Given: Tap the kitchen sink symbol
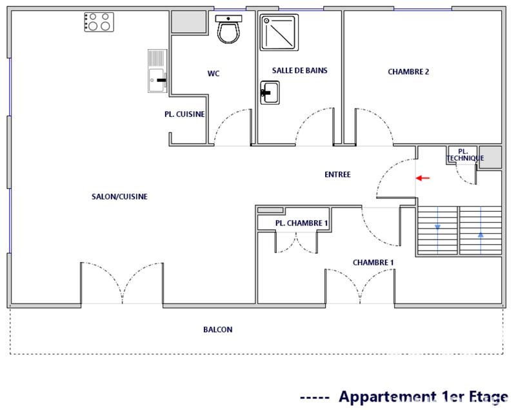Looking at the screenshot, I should tap(157, 71).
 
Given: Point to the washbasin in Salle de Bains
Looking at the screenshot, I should tap(269, 92).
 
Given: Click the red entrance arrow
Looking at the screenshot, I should tap(422, 178).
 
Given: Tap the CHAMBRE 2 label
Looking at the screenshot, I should tap(408, 72).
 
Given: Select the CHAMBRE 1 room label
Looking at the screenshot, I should tap(373, 262).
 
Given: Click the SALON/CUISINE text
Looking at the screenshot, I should tap(119, 197).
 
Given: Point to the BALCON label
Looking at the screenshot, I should tap(217, 329).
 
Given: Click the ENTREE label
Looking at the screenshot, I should tap(337, 174).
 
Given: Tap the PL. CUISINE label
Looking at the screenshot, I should tap(184, 114).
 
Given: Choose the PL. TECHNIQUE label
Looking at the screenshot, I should tap(465, 154).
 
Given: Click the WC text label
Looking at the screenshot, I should tap(213, 74).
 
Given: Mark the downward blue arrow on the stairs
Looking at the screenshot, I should tap(438, 227).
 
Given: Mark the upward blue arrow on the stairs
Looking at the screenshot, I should tap(481, 234).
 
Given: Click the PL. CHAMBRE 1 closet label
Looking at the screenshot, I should tap(301, 223).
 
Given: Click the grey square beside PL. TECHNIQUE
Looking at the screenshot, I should tap(490, 157).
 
